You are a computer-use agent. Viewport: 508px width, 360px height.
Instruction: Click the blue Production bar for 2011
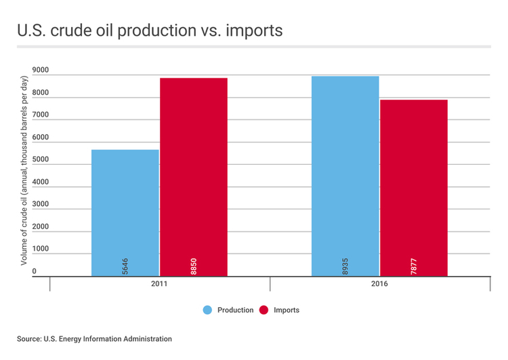(125, 210)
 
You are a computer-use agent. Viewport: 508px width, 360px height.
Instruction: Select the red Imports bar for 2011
(194, 176)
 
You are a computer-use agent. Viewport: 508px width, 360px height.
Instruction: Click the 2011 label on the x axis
(160, 285)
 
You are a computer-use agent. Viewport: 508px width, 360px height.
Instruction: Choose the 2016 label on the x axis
(379, 285)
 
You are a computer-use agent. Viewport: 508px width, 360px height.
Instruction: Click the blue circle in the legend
(208, 310)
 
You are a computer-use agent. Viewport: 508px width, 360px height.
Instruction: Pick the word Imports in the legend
(286, 310)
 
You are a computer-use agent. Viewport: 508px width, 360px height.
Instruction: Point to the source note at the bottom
(95, 338)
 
